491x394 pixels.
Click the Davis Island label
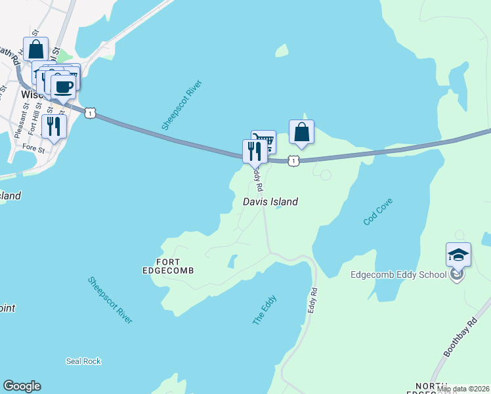270,202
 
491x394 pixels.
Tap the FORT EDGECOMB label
169,265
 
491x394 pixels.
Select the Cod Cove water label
377,211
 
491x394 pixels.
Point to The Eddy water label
265,310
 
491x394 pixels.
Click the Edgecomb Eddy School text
398,274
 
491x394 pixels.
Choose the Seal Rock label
83,361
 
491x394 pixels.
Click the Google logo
22,386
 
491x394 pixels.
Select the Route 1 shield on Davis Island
293,160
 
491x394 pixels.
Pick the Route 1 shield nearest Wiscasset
91,114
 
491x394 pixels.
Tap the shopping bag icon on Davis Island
301,132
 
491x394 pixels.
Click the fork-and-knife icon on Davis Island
255,151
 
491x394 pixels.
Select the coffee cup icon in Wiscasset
63,87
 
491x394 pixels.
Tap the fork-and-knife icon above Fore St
53,126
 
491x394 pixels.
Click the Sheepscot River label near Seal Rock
111,299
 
